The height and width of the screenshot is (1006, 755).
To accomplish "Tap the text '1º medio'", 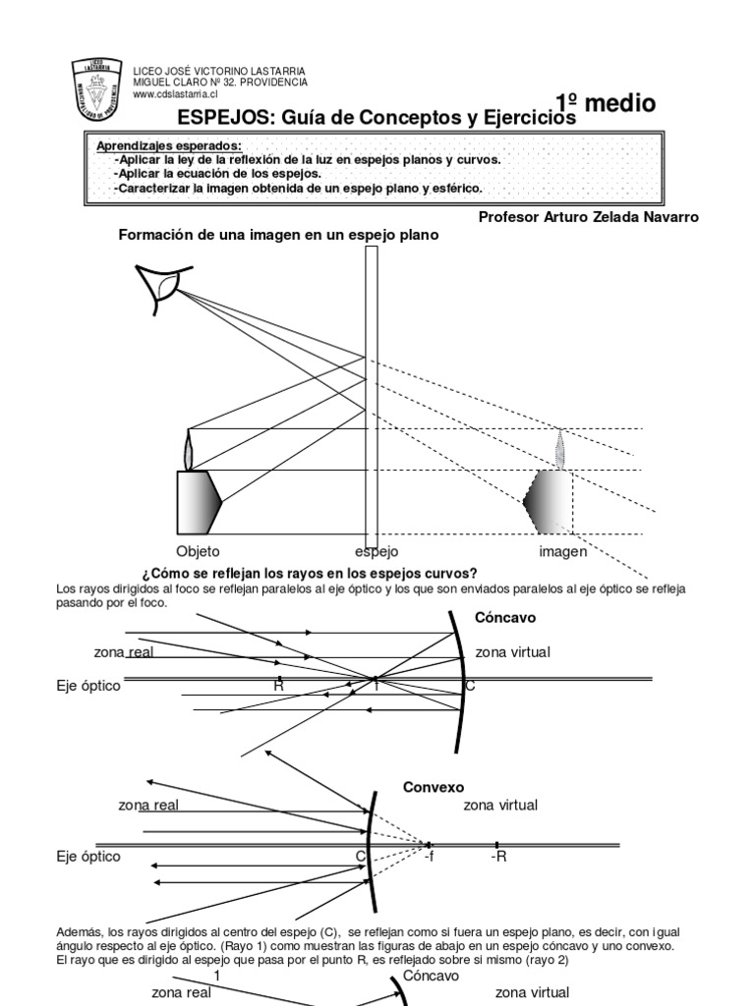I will click(606, 104).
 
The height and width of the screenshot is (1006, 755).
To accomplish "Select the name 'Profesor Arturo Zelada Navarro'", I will click(588, 217).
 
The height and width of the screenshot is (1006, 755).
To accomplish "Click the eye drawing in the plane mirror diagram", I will click(162, 285).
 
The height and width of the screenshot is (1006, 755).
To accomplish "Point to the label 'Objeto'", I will click(198, 551).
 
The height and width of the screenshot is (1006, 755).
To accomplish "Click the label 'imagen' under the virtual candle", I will click(562, 551).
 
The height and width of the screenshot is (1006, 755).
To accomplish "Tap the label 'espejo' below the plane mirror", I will click(377, 551).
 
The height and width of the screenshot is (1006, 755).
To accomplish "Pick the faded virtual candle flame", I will click(560, 448).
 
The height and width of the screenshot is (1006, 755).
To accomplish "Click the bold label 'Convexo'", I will click(434, 787).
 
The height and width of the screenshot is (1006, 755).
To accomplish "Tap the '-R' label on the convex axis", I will click(498, 857).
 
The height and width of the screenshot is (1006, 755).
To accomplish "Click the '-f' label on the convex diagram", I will click(429, 857).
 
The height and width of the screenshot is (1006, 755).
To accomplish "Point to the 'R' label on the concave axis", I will click(278, 686).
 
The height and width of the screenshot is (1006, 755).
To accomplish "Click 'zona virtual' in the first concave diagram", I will click(512, 651).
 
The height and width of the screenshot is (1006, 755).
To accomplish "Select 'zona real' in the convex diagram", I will click(148, 805).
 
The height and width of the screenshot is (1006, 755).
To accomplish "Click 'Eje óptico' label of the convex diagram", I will click(88, 857).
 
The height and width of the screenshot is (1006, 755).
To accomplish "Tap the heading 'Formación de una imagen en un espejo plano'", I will click(278, 235).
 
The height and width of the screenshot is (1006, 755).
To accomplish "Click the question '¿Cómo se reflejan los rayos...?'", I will click(310, 573).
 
